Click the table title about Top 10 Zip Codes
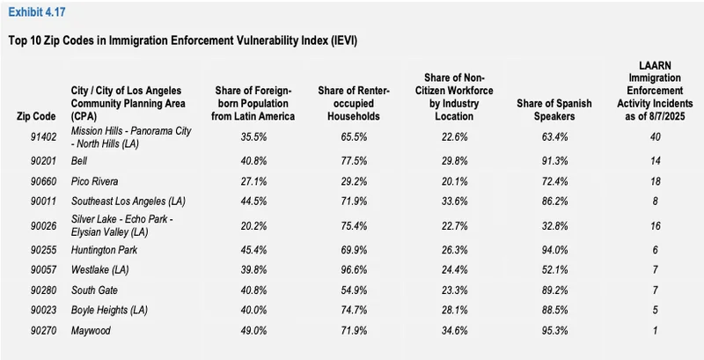[x=182, y=41]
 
